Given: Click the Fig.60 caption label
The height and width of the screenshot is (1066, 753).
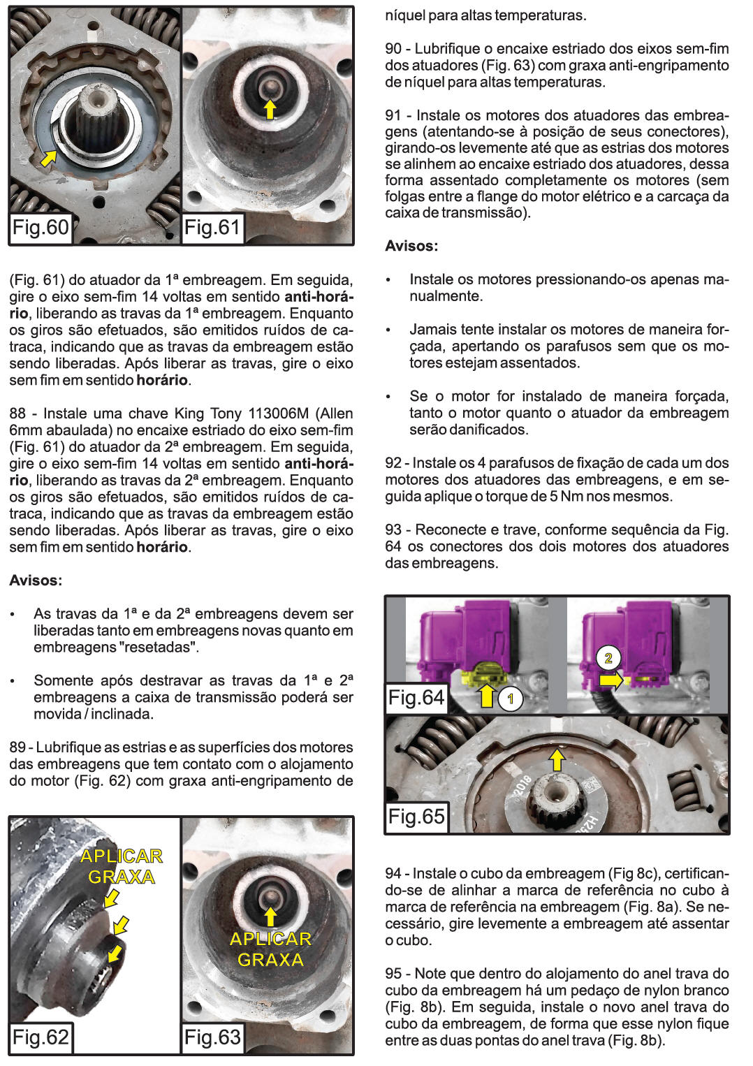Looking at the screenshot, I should click(x=41, y=228).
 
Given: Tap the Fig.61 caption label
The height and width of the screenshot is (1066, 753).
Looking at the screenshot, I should click(x=212, y=228).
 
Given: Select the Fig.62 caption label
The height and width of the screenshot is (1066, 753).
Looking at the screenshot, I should click(x=41, y=1037).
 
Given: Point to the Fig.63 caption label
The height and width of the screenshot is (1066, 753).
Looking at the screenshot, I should click(x=212, y=1037).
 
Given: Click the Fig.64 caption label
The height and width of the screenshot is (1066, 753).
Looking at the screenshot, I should click(x=416, y=698).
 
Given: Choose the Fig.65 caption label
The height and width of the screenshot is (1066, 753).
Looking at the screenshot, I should click(x=416, y=817).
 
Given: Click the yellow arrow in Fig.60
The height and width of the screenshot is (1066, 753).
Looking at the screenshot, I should click(x=48, y=158).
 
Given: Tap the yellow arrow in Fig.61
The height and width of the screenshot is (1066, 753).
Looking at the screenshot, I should click(x=270, y=109).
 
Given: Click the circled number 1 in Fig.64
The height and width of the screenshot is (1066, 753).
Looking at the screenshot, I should click(x=511, y=698).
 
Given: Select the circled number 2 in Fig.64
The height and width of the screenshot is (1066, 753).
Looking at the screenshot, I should click(x=608, y=658).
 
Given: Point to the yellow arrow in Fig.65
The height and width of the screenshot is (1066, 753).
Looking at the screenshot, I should click(x=557, y=759).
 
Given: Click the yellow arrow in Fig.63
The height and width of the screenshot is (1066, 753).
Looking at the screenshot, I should click(x=270, y=916).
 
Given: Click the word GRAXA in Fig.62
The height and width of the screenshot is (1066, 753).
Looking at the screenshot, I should click(x=121, y=877).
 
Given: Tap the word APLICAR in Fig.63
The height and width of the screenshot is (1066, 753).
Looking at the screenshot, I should click(x=270, y=939).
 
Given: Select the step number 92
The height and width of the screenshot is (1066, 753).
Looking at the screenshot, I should click(x=393, y=463).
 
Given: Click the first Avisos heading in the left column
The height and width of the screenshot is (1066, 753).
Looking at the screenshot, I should click(x=36, y=581).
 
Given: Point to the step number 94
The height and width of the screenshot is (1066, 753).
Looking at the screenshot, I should click(x=393, y=874).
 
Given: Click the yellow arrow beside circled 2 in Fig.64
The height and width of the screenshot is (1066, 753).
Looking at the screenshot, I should click(x=611, y=679).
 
